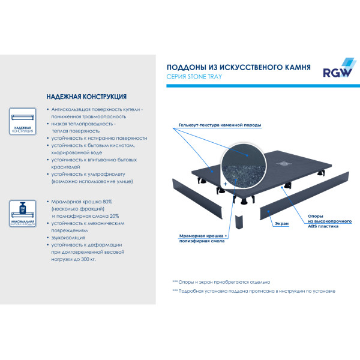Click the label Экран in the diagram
pos(281,223)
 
